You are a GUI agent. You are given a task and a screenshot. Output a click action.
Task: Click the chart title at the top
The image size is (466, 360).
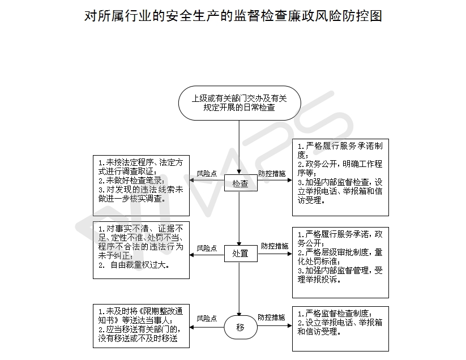click(x=233, y=16)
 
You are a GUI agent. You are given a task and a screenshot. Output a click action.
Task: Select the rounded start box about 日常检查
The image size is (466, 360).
click(x=240, y=103)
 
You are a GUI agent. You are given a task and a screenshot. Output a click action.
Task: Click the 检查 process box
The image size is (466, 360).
click(x=241, y=183)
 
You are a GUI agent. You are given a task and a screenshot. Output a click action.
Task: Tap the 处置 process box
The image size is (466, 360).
click(x=241, y=254)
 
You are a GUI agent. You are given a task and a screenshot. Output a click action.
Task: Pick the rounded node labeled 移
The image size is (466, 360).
click(x=241, y=327)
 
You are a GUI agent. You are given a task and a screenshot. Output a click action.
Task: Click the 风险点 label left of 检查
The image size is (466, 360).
click(x=207, y=174)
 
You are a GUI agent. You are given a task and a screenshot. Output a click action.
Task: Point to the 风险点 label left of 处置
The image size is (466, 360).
click(x=207, y=248)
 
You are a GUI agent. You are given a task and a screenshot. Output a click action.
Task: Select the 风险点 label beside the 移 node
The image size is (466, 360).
click(x=207, y=319)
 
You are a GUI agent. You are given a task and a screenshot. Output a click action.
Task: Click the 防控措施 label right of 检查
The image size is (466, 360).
click(x=272, y=174)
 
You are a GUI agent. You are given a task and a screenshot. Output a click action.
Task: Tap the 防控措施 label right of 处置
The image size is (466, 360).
click(x=275, y=246)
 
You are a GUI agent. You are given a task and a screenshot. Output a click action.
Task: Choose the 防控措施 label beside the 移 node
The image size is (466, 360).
click(x=271, y=318)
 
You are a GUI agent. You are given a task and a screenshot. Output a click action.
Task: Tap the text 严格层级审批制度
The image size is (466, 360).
click(x=337, y=252)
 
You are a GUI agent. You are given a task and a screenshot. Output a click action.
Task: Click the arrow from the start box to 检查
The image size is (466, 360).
click(x=240, y=147)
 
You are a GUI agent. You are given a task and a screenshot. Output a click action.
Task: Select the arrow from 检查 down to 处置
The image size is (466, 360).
click(x=240, y=218)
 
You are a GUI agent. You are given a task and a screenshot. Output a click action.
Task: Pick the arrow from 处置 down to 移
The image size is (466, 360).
click(x=240, y=289)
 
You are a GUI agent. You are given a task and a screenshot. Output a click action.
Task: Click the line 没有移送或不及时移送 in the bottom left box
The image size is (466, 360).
click(x=138, y=338)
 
